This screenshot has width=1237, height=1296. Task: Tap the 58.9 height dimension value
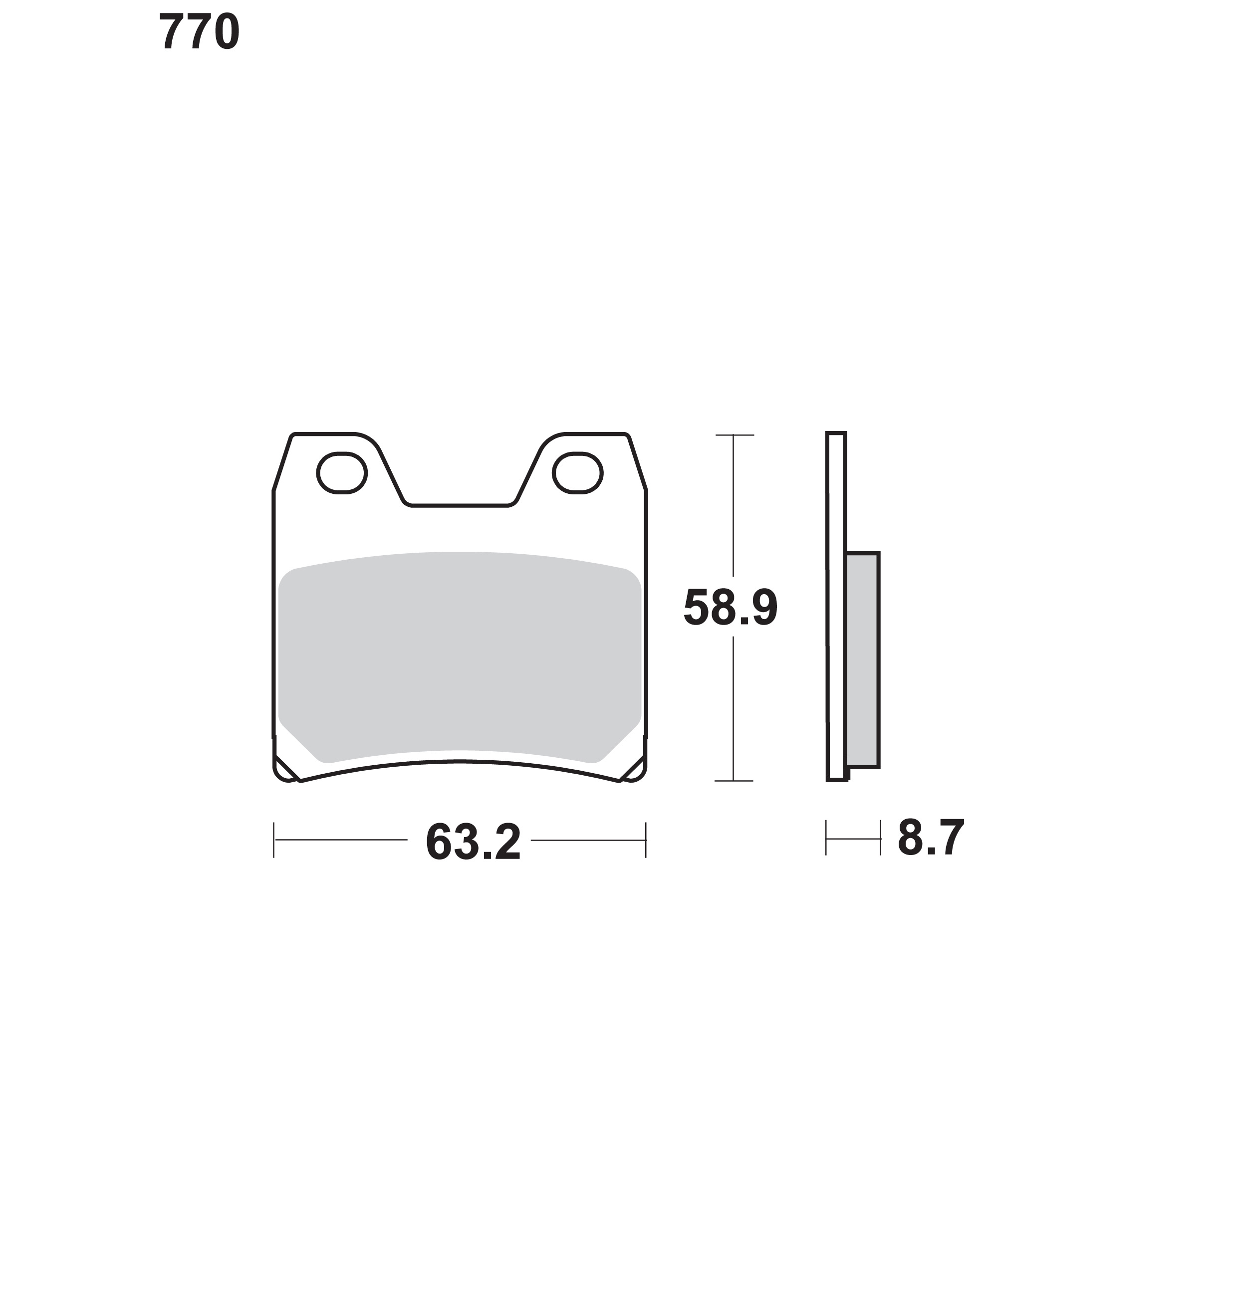click(731, 608)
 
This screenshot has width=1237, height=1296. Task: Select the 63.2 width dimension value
click(474, 843)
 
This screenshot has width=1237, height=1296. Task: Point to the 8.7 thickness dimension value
click(931, 838)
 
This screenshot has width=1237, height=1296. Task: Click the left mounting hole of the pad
click(341, 472)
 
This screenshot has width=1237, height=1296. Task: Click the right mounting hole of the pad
click(578, 472)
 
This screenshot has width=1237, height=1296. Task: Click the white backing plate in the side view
click(836, 607)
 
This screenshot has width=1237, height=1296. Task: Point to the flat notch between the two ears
click(460, 506)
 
